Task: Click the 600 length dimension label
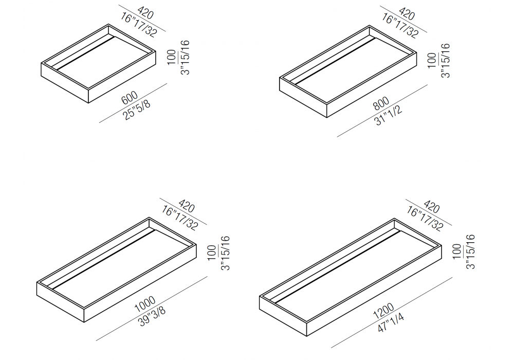pos(130,98)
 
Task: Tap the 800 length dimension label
pos(381,104)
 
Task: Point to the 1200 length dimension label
pos(383,311)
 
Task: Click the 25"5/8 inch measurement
pos(137,110)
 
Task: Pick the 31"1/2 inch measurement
pos(388,116)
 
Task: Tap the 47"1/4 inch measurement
pos(391,323)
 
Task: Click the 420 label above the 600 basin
pos(145,13)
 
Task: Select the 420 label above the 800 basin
pos(407,14)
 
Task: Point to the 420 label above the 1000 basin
pos(187,207)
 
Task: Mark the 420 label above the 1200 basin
pos(431,207)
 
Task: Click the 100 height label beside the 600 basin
pos(172,58)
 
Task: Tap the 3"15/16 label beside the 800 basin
pos(446,61)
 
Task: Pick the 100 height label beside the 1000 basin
pos(212,253)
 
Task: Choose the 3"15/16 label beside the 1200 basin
pos(470,252)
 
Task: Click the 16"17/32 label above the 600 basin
pos(139,24)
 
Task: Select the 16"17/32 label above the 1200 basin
pos(425,219)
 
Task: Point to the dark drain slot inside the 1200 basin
pos(338,266)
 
